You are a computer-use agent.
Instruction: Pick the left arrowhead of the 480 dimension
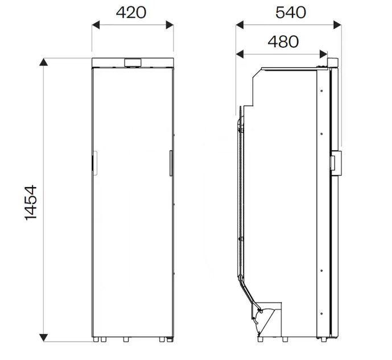coord(240,54)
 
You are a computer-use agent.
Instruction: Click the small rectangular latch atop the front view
coord(133,63)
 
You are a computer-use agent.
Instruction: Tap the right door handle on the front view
coord(170,163)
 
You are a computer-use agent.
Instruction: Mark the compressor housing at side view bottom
coord(267,318)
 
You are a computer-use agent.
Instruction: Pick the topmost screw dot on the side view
coord(322,90)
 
